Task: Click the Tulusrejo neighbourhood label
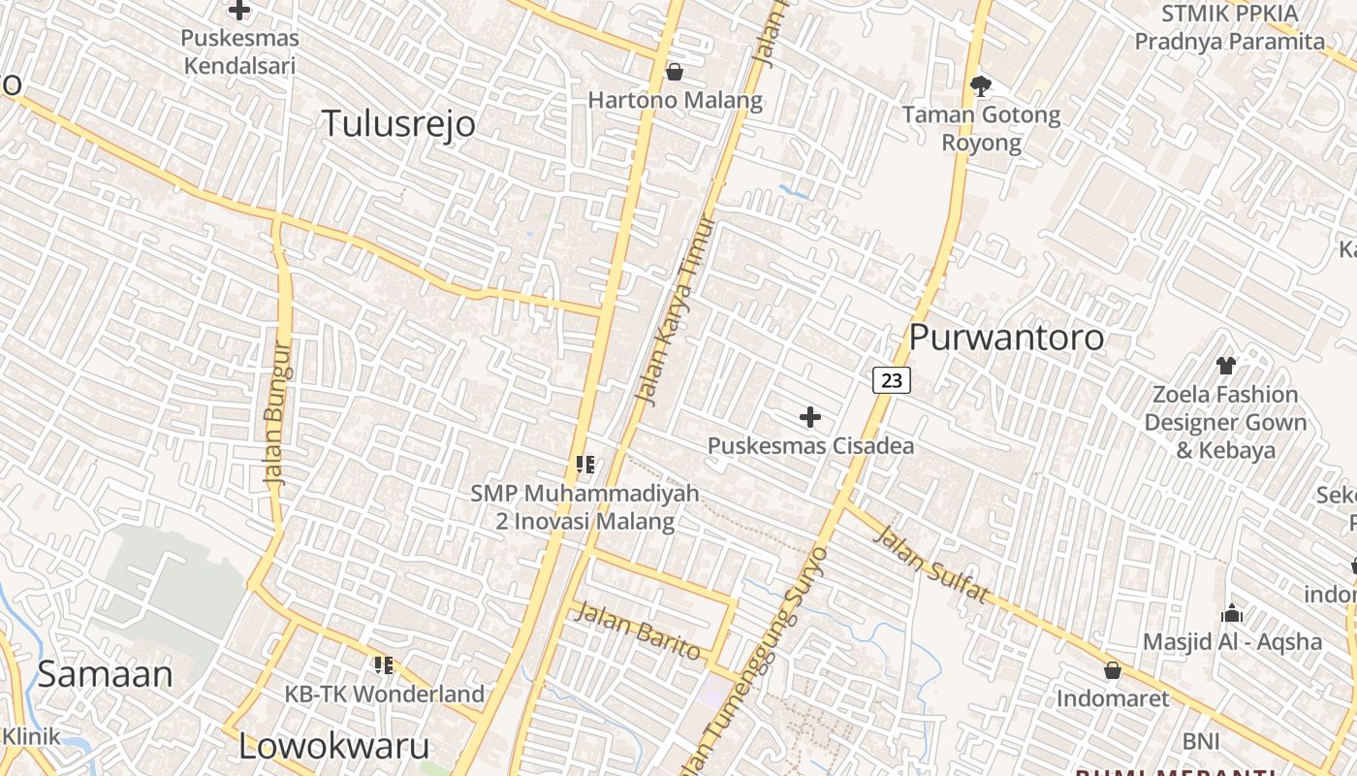coord(398,124)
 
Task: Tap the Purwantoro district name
coord(1006,338)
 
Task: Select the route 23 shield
coord(892,380)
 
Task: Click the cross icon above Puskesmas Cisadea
coord(810,418)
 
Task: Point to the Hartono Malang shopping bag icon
coord(675,72)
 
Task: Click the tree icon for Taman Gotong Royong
coord(981,86)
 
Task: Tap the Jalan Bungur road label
coord(277,412)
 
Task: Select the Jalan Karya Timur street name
coord(676,308)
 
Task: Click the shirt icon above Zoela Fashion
coord(1226,366)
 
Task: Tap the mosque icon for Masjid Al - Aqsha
coord(1232,613)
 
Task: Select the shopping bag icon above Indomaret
coord(1113,670)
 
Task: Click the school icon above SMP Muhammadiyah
coord(584,465)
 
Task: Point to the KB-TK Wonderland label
coord(384,695)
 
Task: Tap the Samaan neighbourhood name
coord(105,674)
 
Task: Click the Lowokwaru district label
coord(334,746)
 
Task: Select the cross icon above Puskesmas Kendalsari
coord(239,11)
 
